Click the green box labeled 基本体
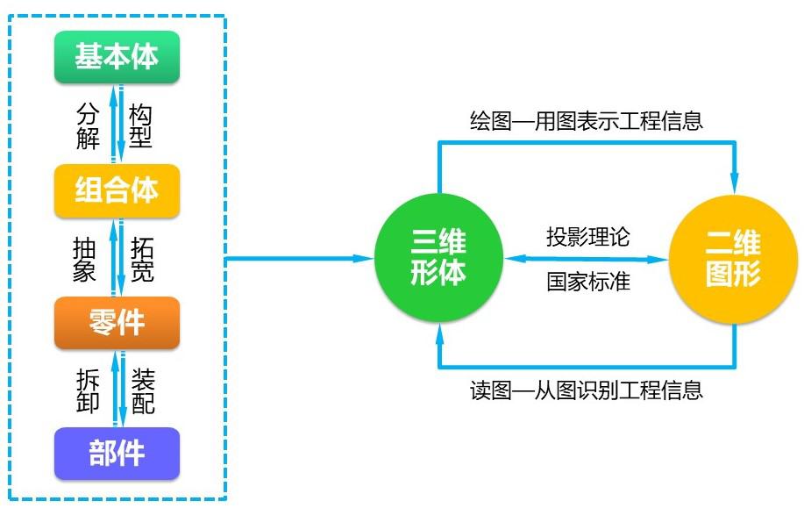(117, 57)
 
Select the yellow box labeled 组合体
(117, 190)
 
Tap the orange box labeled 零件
(117, 322)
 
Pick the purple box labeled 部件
(117, 454)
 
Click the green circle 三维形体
(439, 259)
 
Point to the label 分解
(88, 125)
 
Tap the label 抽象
(84, 259)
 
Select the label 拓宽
(142, 259)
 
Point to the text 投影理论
(587, 237)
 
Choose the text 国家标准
(587, 283)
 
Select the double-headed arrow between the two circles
(587, 260)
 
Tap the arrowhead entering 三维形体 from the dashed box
(366, 259)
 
